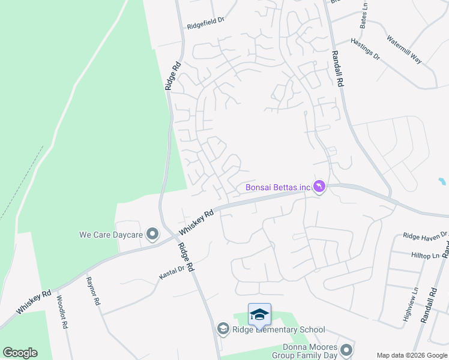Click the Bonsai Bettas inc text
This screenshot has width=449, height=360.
click(278, 188)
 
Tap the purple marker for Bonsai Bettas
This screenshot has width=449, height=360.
click(319, 188)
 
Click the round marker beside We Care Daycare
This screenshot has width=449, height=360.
click(153, 234)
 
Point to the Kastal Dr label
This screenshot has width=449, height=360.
click(172, 271)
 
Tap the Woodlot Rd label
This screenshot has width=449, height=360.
click(61, 311)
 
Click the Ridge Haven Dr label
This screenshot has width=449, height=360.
click(425, 235)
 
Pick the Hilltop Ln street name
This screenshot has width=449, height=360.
click(422, 254)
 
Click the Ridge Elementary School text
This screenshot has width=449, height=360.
click(279, 329)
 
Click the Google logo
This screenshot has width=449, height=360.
click(20, 353)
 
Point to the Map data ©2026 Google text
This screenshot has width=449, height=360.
click(411, 355)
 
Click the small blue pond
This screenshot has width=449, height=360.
click(442, 181)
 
